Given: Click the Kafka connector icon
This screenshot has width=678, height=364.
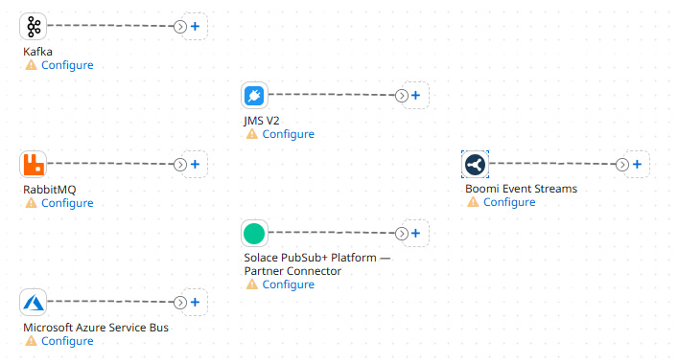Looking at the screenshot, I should [34, 27].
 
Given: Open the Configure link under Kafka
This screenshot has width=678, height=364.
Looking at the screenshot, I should [67, 65].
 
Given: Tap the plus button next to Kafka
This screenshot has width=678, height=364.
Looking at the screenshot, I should [195, 27].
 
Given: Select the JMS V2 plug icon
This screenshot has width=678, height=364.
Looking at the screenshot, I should [254, 96].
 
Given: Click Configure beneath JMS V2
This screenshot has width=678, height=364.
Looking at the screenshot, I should [288, 134].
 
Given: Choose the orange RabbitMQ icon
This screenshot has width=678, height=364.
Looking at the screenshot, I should [34, 165].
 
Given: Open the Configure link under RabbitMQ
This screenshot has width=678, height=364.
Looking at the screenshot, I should [67, 203].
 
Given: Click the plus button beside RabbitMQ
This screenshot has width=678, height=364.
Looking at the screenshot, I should [195, 165].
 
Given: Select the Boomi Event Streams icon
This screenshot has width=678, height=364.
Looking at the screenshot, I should [475, 165].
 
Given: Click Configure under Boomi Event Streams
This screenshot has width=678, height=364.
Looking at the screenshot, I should [508, 202].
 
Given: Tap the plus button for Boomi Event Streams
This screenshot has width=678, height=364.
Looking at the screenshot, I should [637, 165].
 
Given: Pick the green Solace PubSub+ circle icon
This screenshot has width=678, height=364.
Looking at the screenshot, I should [254, 234].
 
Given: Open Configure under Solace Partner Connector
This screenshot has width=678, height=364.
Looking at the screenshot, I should [288, 284].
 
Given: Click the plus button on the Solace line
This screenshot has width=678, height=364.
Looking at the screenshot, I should [415, 234].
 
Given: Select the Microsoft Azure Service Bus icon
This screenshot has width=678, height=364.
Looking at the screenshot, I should [34, 303].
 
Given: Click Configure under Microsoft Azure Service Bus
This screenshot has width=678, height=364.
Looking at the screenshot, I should [67, 341].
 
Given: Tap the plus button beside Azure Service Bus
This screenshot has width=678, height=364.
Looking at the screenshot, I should [195, 303].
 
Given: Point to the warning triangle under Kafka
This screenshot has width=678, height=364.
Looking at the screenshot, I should [31, 65].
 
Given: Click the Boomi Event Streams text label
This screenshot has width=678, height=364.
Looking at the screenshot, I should [521, 189].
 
